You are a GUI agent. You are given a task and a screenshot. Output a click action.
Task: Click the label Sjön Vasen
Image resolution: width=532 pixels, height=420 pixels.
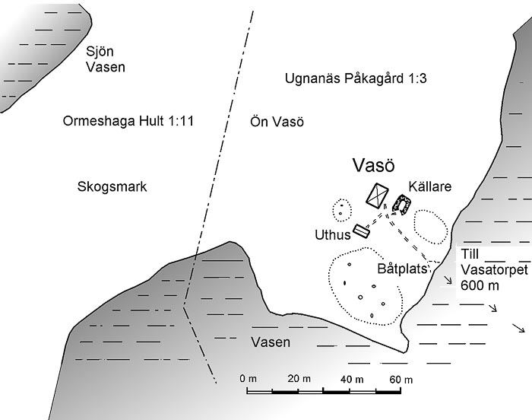pyautogui.click(x=106, y=59)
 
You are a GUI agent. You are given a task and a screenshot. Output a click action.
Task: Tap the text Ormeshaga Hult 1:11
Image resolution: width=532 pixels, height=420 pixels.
pyautogui.click(x=128, y=121)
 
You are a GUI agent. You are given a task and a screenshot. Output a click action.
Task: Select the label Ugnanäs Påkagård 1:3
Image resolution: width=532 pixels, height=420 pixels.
pyautogui.click(x=356, y=78)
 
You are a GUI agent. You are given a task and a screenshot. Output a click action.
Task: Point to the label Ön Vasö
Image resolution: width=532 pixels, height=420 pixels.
pyautogui.click(x=277, y=122)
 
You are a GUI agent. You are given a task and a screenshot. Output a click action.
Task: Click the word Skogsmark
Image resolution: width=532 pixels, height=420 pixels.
pyautogui.click(x=112, y=186)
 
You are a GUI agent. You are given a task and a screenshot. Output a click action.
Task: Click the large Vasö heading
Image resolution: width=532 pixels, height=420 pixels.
pyautogui.click(x=374, y=165)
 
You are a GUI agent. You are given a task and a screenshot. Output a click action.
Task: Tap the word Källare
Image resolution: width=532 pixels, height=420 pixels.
pyautogui.click(x=430, y=186)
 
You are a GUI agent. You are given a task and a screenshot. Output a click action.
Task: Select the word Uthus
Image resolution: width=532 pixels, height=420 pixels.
pyautogui.click(x=333, y=235)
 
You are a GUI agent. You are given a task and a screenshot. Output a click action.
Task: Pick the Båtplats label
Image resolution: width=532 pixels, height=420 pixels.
pyautogui.click(x=402, y=269)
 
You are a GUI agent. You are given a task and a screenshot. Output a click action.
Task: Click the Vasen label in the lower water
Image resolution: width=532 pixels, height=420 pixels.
pyautogui.click(x=271, y=342)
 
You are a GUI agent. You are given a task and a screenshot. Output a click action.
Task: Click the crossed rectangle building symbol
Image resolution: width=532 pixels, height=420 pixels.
pyautogui.click(x=377, y=196)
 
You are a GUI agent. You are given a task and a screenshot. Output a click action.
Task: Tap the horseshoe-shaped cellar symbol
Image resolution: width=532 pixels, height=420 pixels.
pyautogui.click(x=402, y=205)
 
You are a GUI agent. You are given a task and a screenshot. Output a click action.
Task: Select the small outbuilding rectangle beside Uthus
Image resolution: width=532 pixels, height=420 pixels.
pyautogui.click(x=362, y=231)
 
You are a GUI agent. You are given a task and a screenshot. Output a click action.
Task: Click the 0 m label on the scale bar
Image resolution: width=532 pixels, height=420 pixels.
pyautogui.click(x=248, y=379)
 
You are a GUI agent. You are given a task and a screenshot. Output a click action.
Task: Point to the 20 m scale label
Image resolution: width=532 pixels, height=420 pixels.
pyautogui.click(x=299, y=379)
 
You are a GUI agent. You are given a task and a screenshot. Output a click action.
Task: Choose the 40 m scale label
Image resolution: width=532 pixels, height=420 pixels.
pyautogui.click(x=352, y=379)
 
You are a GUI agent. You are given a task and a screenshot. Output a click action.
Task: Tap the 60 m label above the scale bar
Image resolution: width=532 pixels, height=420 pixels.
pyautogui.click(x=401, y=379)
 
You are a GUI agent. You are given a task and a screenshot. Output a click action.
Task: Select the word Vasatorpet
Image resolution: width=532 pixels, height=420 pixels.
pyautogui.click(x=494, y=270)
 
